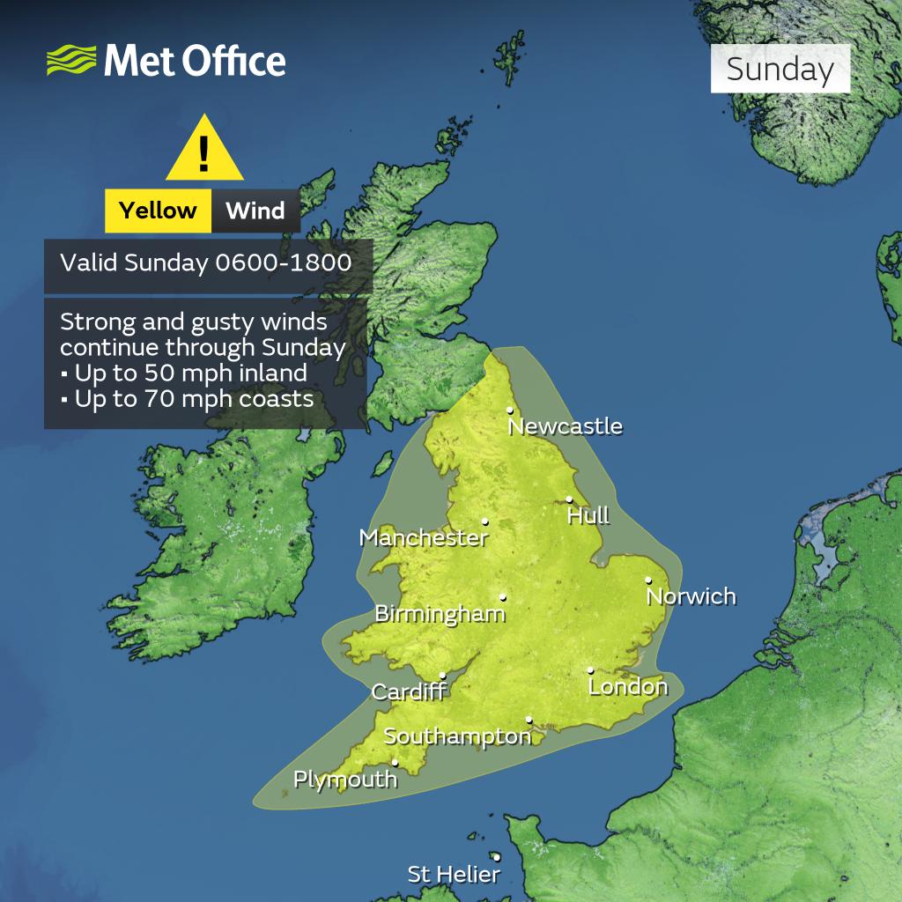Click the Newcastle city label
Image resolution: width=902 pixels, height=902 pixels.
click(x=566, y=427)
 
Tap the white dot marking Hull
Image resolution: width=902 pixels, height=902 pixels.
click(x=569, y=499)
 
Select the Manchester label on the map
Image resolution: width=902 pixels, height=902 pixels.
click(x=423, y=537)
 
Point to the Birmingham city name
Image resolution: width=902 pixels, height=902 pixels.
click(x=440, y=614)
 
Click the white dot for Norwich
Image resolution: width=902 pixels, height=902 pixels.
click(x=648, y=580)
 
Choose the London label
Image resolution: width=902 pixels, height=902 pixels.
click(x=628, y=686)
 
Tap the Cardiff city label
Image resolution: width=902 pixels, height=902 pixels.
click(x=408, y=691)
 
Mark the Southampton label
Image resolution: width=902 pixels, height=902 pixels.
click(x=457, y=736)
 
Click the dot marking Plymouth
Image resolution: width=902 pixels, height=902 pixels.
click(x=396, y=763)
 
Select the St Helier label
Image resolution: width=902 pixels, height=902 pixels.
click(x=454, y=875)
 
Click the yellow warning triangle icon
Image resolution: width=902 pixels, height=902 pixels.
click(x=204, y=151)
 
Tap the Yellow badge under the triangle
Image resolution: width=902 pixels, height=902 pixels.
click(x=158, y=211)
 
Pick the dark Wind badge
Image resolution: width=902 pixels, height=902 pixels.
click(x=255, y=211)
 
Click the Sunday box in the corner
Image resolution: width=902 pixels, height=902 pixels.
click(x=780, y=70)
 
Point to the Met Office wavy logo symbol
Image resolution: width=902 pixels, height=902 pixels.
click(x=71, y=62)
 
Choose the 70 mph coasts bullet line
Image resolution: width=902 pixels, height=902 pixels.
click(x=188, y=398)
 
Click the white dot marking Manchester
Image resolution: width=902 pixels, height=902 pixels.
click(x=485, y=521)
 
